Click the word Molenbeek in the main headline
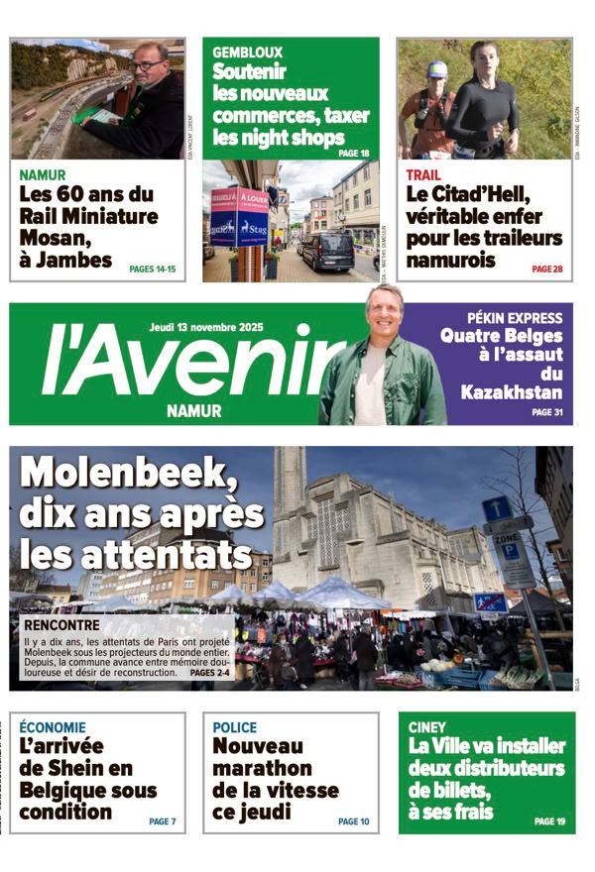coord(129,473)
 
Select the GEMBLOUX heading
coord(247,53)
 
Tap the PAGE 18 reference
coord(353,154)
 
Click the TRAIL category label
coord(423,175)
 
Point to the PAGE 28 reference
coord(546,269)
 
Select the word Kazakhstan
coord(511,393)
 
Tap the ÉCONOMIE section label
coord(53,727)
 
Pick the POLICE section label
coord(234,727)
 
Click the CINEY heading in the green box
coord(426,726)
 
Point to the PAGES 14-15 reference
coord(152,269)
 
